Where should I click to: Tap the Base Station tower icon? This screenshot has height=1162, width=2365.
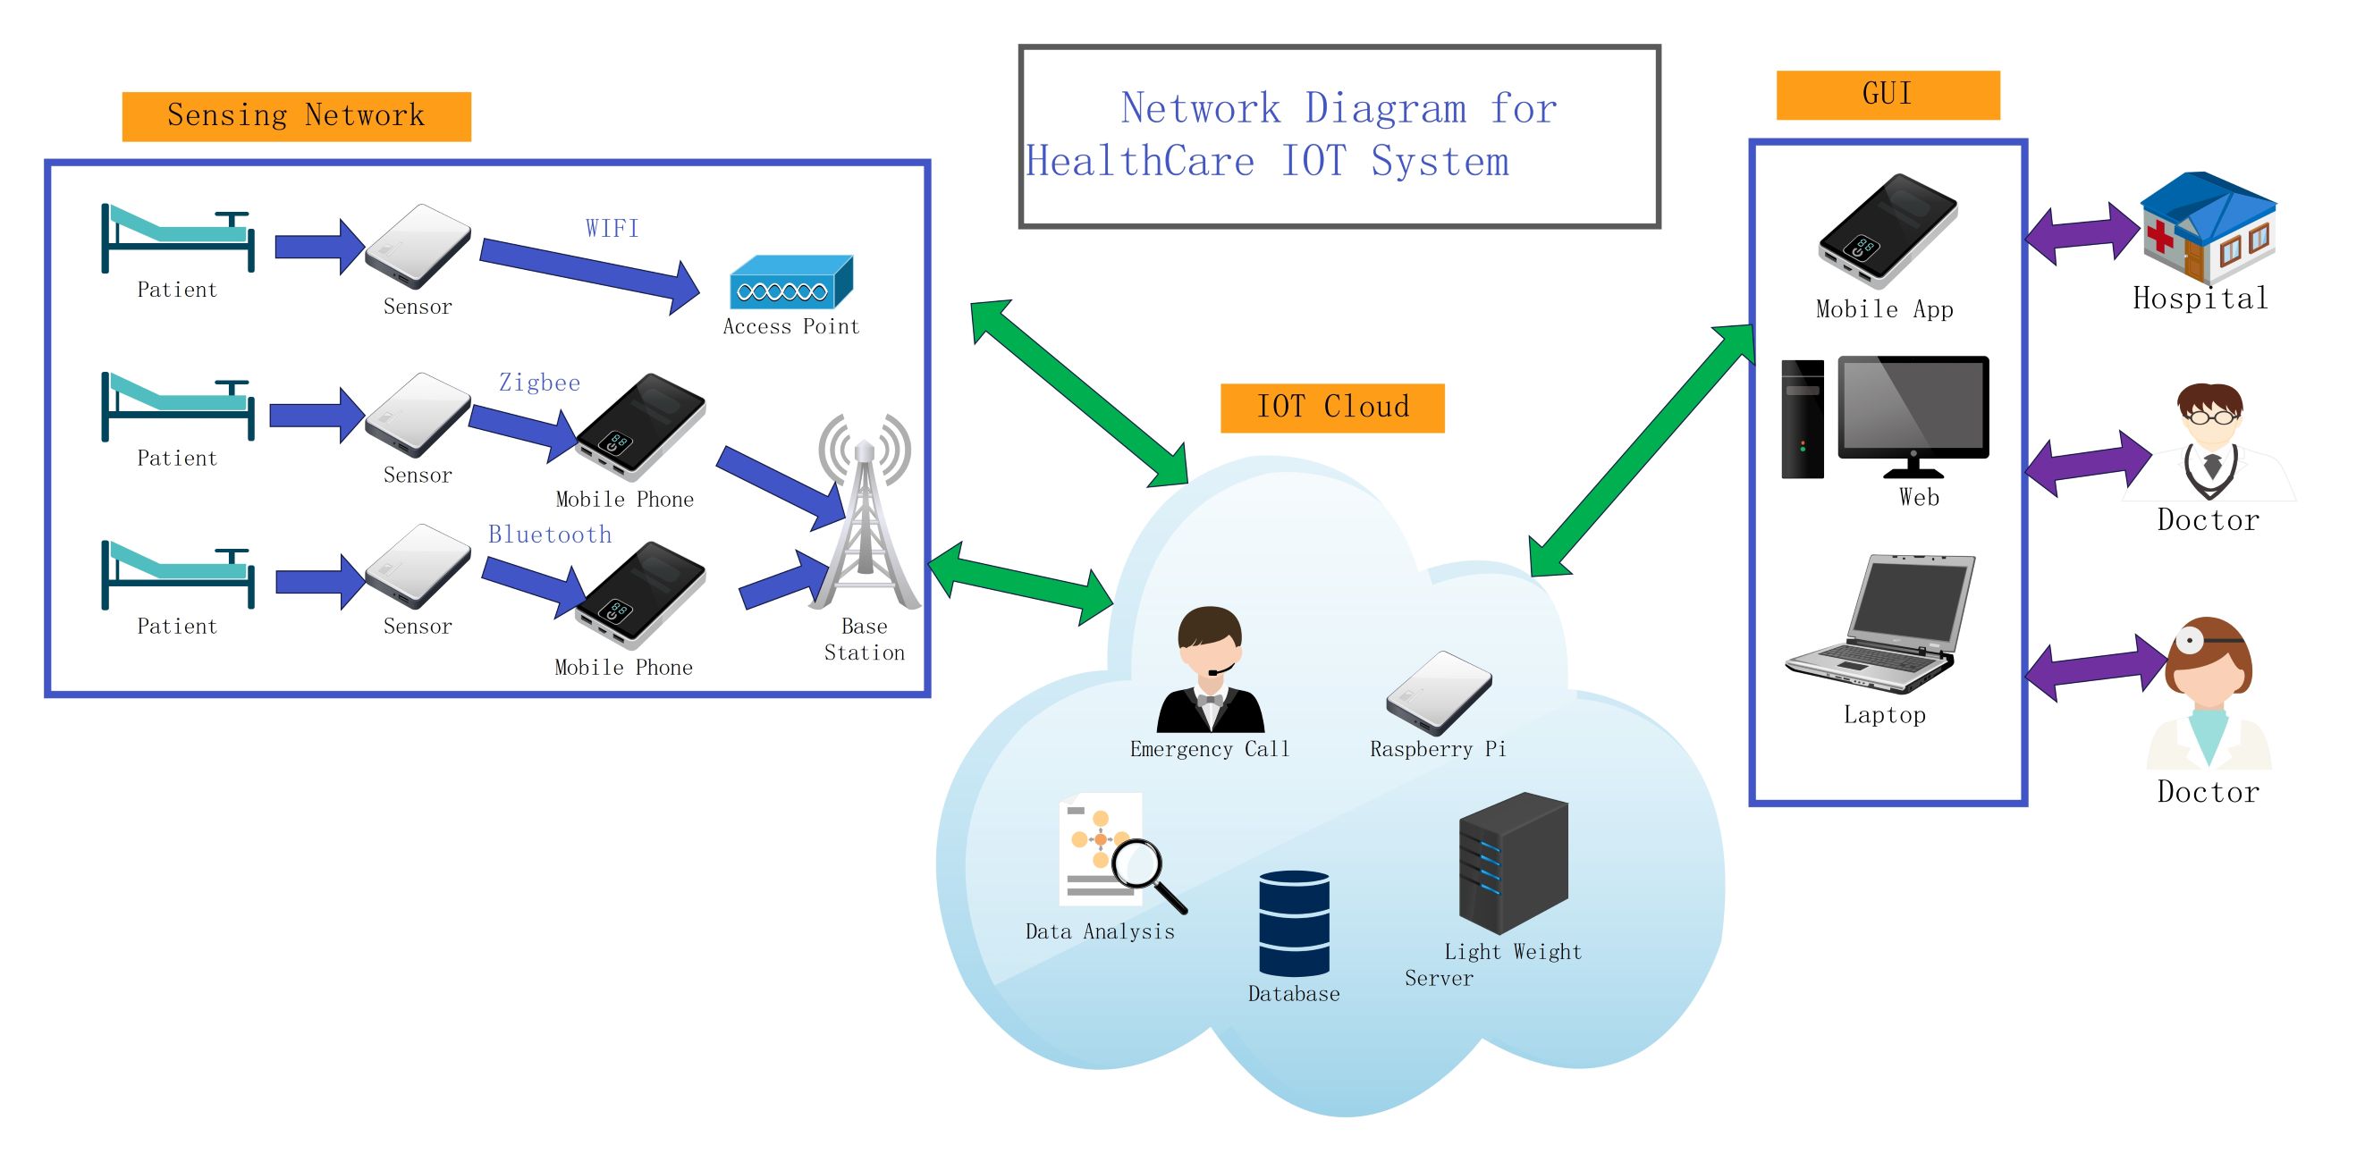coord(864,518)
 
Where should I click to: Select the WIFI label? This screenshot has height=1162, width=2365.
coord(612,229)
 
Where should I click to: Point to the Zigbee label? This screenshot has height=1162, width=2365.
coord(539,383)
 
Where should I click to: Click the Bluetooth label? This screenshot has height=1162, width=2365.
coord(549,535)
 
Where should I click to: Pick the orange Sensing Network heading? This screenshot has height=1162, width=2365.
coord(296,116)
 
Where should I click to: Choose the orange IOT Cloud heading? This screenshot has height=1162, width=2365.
coord(1331,408)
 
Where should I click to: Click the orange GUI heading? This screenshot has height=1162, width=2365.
coord(1887,95)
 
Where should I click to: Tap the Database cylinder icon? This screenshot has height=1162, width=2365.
coord(1293,923)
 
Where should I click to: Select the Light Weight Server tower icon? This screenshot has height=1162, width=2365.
coord(1513,863)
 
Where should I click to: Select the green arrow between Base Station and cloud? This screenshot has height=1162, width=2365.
coord(1021,583)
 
